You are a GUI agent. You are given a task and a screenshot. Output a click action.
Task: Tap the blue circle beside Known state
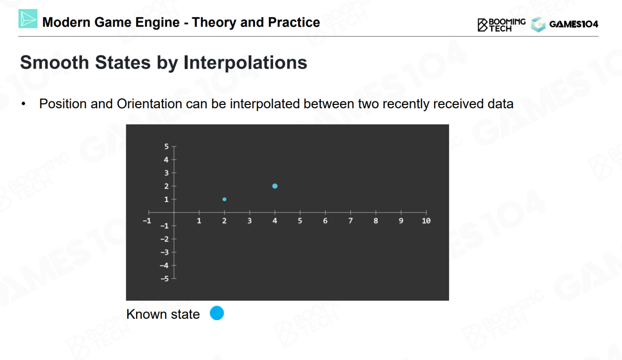(x=217, y=313)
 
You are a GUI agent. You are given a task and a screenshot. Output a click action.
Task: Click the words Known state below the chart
(x=163, y=314)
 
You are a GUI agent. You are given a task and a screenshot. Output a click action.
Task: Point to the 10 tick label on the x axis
(x=426, y=221)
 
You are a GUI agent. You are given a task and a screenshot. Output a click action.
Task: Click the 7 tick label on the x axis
(x=350, y=221)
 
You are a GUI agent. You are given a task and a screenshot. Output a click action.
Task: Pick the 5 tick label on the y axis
(x=166, y=146)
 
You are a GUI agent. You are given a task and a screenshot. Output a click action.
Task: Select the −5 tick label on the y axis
(x=165, y=279)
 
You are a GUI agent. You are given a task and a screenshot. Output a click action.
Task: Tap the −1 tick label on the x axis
(x=147, y=221)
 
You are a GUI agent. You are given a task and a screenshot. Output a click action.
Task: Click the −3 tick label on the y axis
(x=165, y=252)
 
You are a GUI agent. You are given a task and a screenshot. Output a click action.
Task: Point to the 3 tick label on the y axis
(x=166, y=173)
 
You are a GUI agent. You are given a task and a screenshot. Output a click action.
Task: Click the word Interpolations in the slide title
(x=245, y=63)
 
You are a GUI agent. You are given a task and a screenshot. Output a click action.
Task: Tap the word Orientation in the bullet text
(x=149, y=104)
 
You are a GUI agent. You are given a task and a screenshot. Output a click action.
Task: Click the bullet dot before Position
(x=23, y=104)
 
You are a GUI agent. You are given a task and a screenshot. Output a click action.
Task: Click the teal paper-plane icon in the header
(x=28, y=18)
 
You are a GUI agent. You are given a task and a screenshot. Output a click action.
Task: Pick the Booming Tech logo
(x=501, y=25)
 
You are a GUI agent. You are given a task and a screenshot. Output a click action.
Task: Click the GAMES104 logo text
(x=574, y=24)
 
